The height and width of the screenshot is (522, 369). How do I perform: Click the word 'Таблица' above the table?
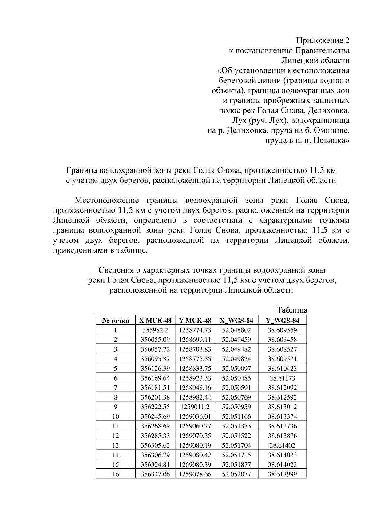[x=292, y=310]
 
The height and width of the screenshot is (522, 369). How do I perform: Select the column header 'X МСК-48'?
[x=155, y=321]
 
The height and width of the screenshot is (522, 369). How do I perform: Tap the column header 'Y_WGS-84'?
[x=282, y=321]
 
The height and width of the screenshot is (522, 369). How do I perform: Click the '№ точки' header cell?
[x=115, y=321]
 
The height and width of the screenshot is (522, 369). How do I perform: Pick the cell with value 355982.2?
[x=155, y=330]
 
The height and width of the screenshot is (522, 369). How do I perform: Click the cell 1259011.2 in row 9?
[x=195, y=407]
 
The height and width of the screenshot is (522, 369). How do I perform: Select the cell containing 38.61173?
[x=282, y=378]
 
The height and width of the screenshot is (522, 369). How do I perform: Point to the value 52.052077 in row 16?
[x=236, y=474]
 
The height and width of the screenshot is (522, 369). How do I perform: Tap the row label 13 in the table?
[x=115, y=445]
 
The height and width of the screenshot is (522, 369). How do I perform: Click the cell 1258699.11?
[x=195, y=340]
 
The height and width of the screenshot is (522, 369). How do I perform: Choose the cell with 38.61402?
[x=282, y=445]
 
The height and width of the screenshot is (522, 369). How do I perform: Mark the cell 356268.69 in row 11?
[x=155, y=426]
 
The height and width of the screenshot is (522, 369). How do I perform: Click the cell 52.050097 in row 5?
[x=236, y=369]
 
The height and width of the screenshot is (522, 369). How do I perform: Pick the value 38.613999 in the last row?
[x=282, y=474]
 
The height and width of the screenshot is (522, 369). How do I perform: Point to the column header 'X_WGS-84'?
[x=236, y=321]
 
